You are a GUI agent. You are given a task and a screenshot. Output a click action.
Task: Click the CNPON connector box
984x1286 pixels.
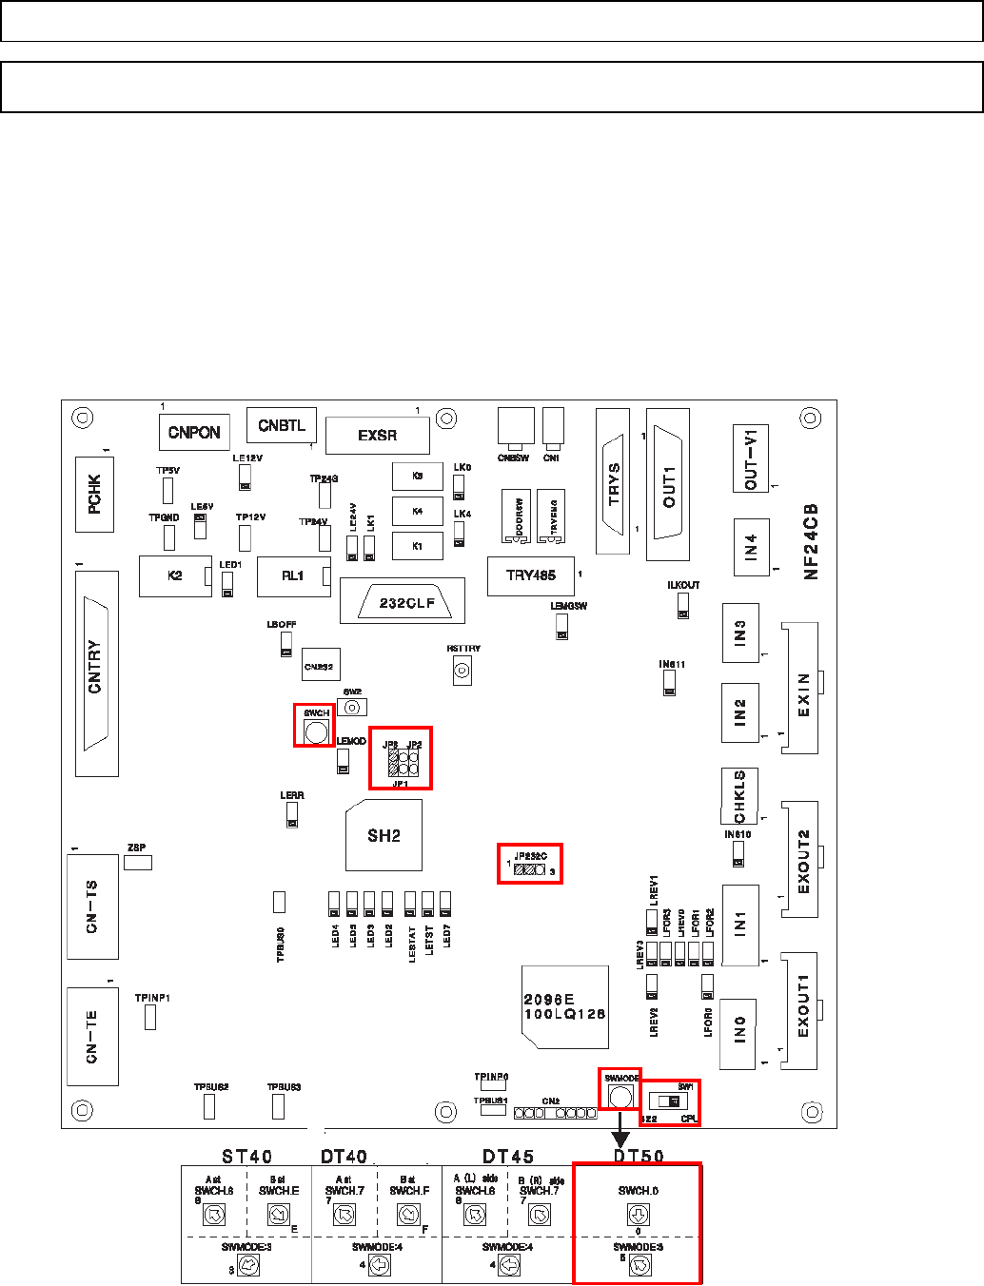tap(194, 432)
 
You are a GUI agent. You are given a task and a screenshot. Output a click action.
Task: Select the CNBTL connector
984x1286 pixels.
tap(282, 425)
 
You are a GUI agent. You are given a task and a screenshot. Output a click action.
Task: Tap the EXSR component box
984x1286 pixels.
tap(378, 436)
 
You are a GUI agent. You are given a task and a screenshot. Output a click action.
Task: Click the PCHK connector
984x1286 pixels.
tap(94, 495)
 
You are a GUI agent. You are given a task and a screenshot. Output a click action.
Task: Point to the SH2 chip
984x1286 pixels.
tap(384, 835)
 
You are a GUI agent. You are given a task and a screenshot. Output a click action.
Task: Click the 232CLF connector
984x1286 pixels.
tap(407, 602)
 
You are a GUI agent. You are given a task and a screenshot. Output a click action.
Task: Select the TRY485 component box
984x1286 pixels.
tap(530, 575)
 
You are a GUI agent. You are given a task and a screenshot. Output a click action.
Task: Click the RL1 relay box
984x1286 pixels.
tap(293, 576)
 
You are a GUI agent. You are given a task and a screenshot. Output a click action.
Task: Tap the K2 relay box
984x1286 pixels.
tap(175, 576)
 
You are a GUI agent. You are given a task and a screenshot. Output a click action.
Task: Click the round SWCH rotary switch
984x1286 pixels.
tap(316, 731)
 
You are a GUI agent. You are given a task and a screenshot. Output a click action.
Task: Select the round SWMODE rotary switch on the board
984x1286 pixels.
tap(620, 1096)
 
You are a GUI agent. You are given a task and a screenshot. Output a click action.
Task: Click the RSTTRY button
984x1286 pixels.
tap(462, 671)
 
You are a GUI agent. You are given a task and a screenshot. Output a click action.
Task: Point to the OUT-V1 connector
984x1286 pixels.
tap(751, 458)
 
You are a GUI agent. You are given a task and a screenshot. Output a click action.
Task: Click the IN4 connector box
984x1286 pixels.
tap(751, 547)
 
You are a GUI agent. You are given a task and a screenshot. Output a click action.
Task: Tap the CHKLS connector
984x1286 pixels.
tap(739, 795)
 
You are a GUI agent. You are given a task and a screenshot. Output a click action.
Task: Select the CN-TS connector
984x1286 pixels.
tap(92, 906)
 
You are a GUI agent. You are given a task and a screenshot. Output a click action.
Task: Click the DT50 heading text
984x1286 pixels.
tap(638, 1156)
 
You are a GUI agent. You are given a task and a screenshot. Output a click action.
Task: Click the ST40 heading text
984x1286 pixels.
tap(247, 1156)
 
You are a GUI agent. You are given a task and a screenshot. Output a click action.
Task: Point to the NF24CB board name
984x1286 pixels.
tap(811, 542)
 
